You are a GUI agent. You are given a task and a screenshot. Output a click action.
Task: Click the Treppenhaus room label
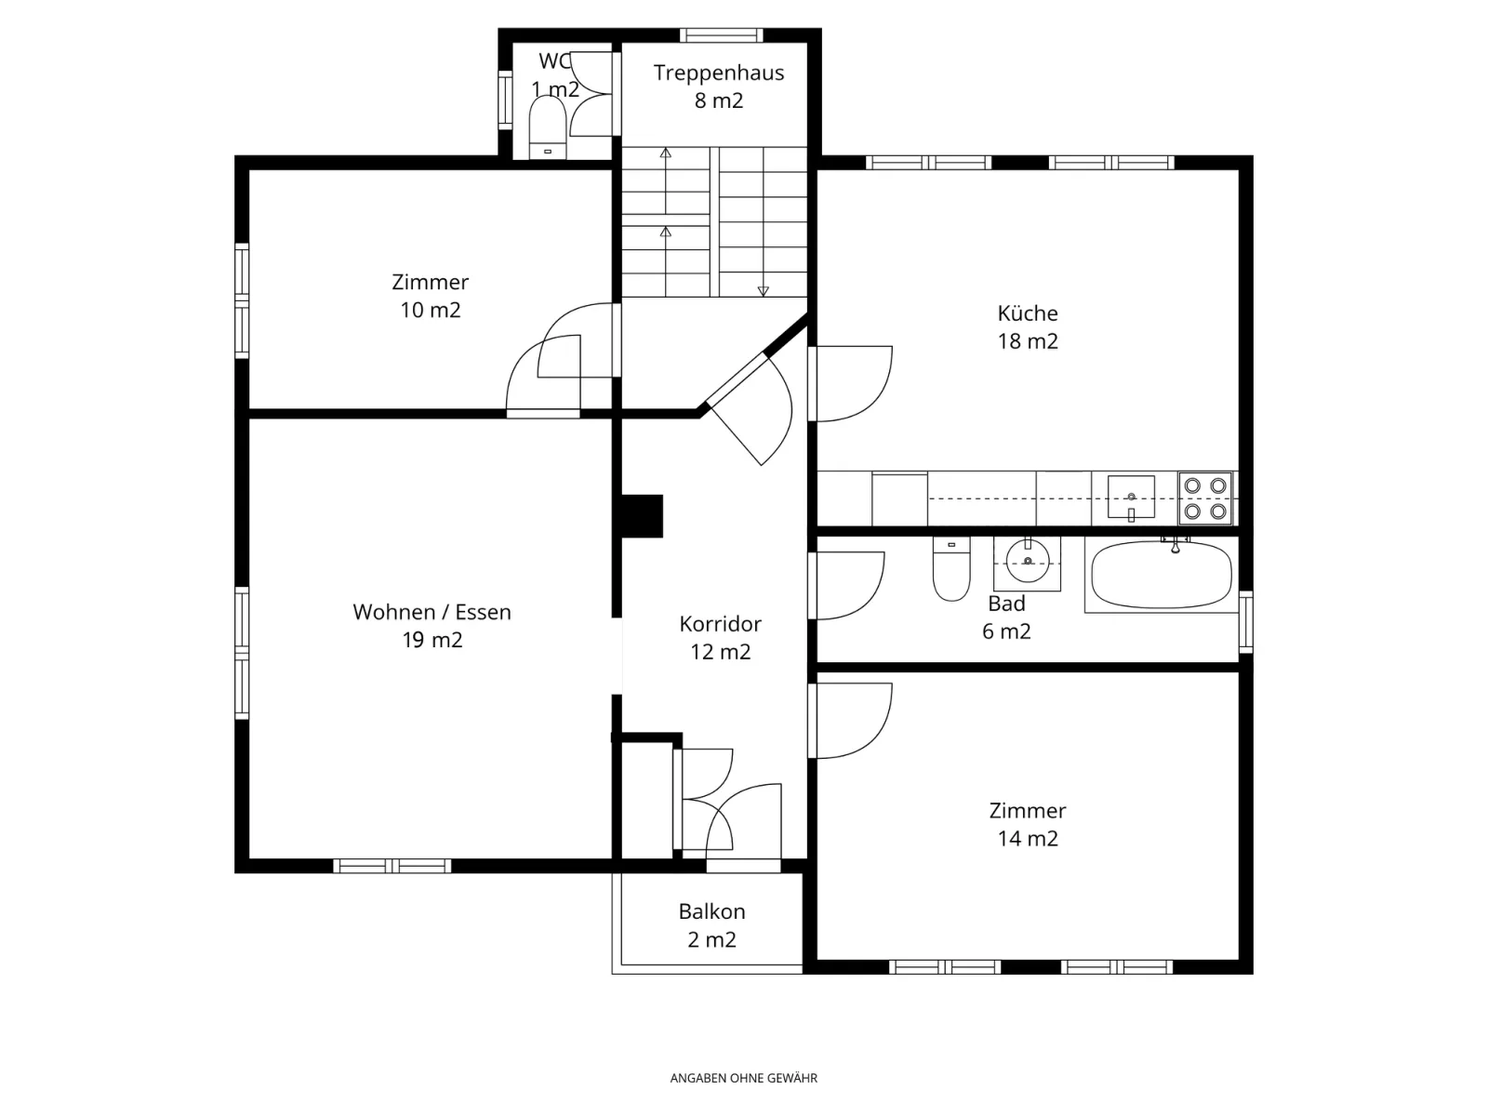[x=719, y=73]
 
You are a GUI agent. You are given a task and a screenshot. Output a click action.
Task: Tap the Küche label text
[x=1027, y=313]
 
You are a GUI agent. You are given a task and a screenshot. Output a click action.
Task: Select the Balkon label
[x=711, y=911]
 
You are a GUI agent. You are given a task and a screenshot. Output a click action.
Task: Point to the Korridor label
[x=720, y=623]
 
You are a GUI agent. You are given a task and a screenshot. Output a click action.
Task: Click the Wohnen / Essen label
[x=432, y=612]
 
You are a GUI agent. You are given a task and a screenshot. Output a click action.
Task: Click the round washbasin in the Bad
[x=1027, y=562]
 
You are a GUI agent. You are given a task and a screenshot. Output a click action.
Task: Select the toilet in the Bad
[x=951, y=569]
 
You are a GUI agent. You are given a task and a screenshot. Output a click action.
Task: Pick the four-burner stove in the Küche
[x=1205, y=498]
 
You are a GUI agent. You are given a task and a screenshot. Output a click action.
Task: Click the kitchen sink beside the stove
[x=1131, y=497]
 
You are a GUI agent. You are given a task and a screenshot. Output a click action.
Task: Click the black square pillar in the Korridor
[x=642, y=516]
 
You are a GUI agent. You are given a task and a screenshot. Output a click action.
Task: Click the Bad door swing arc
[x=870, y=601]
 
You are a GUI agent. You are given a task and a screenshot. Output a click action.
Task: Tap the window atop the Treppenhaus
[x=722, y=35]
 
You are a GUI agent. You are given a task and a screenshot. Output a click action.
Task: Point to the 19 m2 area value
[x=432, y=640]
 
